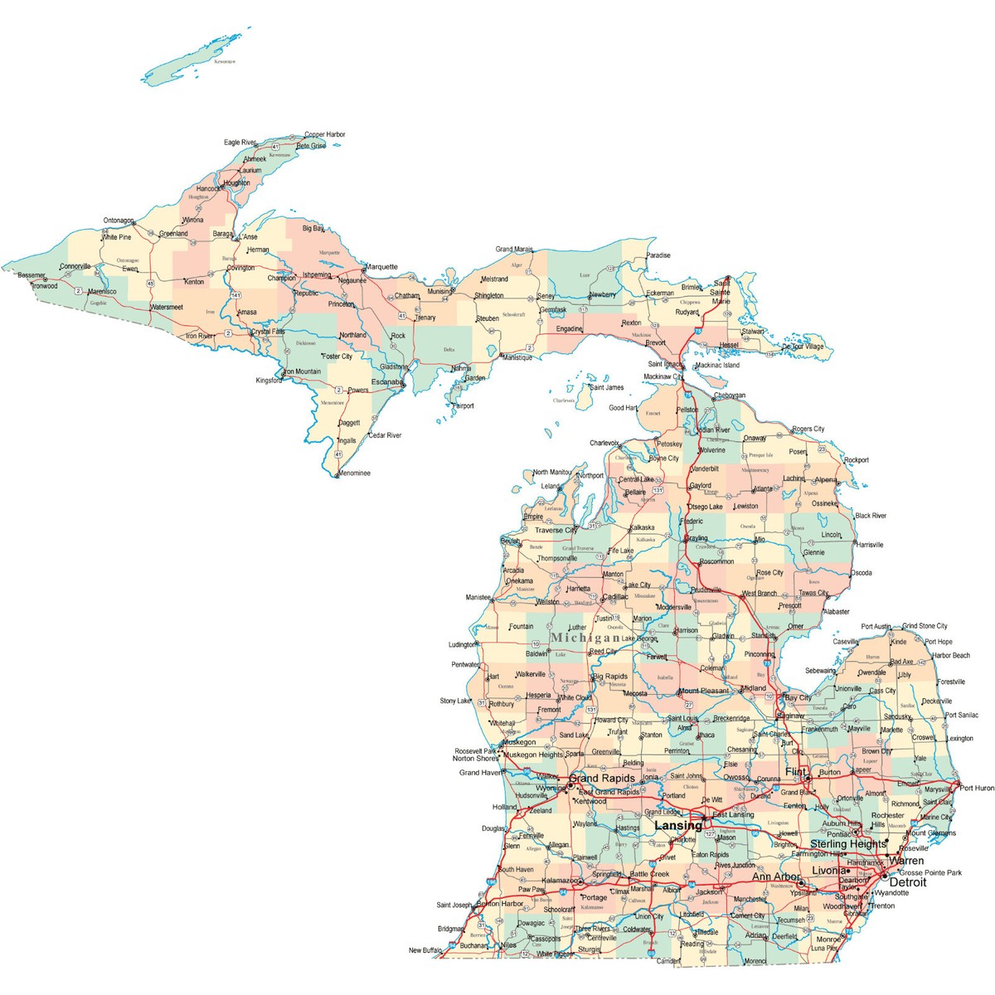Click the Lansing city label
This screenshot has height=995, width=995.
[x=677, y=826]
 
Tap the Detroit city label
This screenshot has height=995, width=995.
[x=907, y=882]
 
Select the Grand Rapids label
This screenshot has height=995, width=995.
[x=602, y=779]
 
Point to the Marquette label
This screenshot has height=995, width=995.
[x=381, y=267]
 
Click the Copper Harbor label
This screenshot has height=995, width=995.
[x=325, y=134]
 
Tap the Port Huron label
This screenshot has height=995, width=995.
[x=976, y=788]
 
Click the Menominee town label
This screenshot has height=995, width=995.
[x=354, y=473]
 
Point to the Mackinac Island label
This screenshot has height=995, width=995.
[x=717, y=365]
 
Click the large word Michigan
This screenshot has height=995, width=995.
[x=585, y=638]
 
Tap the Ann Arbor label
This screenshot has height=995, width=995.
[x=776, y=876]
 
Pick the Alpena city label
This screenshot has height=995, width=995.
[x=825, y=480]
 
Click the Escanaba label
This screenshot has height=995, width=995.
[x=386, y=381]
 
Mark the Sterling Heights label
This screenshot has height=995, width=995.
[x=847, y=843]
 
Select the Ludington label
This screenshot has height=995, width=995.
[x=463, y=644]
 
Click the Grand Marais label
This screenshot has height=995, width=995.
[x=514, y=249]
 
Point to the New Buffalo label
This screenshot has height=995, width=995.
[x=425, y=950]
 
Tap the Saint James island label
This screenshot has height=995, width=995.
[x=606, y=387]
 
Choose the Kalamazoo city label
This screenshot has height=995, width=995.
[x=561, y=880]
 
